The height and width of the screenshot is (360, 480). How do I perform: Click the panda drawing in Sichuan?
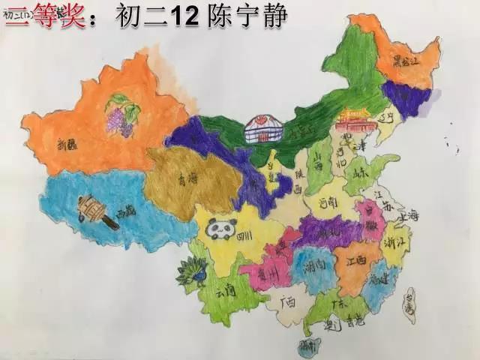[x=221, y=229]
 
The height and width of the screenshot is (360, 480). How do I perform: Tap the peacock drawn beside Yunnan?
[x=192, y=271]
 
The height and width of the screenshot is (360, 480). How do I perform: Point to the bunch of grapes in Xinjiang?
[x=120, y=115]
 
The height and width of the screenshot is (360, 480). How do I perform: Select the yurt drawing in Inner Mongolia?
[x=263, y=129]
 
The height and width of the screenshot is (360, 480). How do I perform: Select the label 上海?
[x=409, y=216]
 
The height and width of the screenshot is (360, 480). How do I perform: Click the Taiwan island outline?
[x=409, y=304]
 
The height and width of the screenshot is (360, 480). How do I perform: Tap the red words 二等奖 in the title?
[x=45, y=16]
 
